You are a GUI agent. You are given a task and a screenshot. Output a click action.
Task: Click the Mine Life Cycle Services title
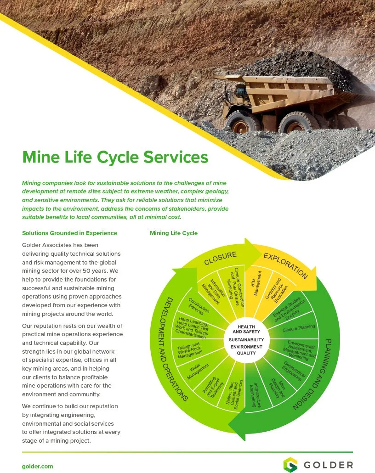click(115, 157)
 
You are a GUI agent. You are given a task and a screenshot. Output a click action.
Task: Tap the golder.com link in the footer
click(38, 466)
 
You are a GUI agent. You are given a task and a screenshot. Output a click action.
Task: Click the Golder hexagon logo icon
click(290, 465)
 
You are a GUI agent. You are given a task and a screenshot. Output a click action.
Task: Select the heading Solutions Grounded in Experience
click(69, 233)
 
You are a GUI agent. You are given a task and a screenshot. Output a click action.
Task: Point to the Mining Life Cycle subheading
click(174, 233)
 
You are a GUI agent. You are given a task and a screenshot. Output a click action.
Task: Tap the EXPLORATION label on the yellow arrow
click(285, 265)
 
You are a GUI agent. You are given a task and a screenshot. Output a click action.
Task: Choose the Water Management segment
click(197, 371)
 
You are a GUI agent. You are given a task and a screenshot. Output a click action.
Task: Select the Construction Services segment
click(199, 306)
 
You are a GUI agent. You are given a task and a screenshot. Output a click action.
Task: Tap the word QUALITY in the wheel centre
click(246, 353)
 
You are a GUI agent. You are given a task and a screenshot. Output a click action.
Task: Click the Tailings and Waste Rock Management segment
click(189, 350)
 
